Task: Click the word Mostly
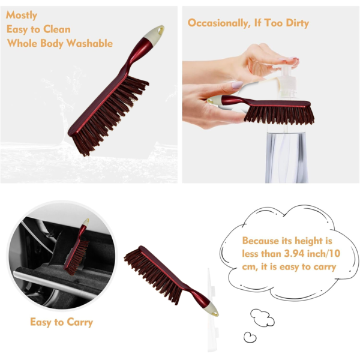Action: point(22,15)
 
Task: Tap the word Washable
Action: point(88,43)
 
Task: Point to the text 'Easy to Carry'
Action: point(61,322)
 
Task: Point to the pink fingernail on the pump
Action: point(293,60)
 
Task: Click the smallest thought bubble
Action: point(250,337)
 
